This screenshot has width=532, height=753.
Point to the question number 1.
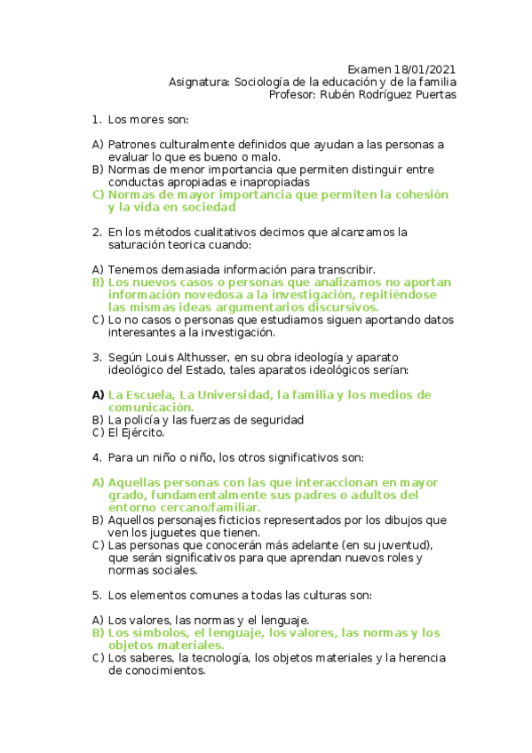click(x=96, y=119)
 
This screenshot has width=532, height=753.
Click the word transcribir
click(x=345, y=269)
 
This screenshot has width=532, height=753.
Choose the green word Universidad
click(x=226, y=394)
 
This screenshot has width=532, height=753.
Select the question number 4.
click(x=96, y=457)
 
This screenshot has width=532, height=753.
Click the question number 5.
click(x=96, y=595)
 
